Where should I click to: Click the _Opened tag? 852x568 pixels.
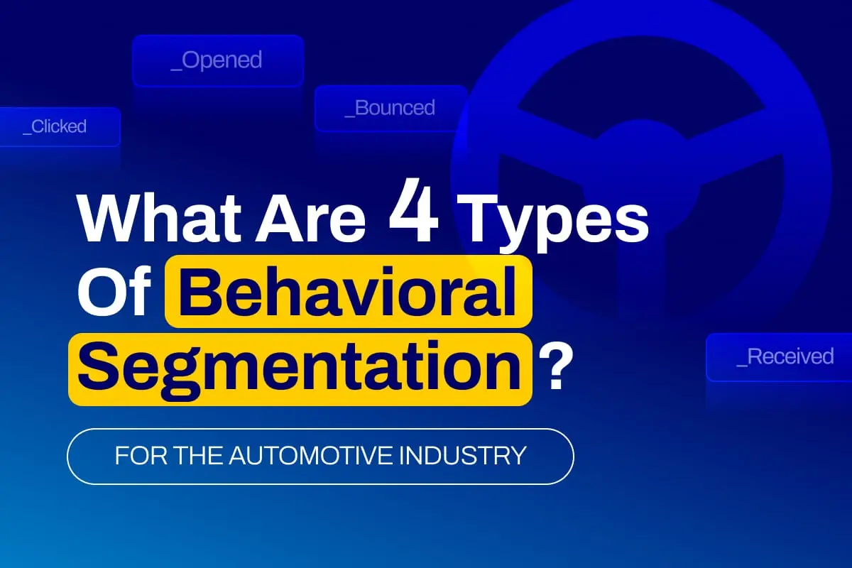tap(218, 61)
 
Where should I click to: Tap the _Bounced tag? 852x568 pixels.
tap(390, 108)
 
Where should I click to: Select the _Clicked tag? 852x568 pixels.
tap(60, 126)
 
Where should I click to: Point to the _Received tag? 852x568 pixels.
tap(779, 357)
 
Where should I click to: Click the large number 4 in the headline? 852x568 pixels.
tap(413, 210)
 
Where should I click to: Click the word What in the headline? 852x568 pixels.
tap(159, 218)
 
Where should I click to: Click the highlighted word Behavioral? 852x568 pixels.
tap(348, 291)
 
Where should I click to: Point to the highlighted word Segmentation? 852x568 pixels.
tap(300, 369)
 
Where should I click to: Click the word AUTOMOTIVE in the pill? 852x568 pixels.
tap(310, 455)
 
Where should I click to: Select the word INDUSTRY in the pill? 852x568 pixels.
tap(462, 455)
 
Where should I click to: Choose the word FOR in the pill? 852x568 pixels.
tap(141, 455)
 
